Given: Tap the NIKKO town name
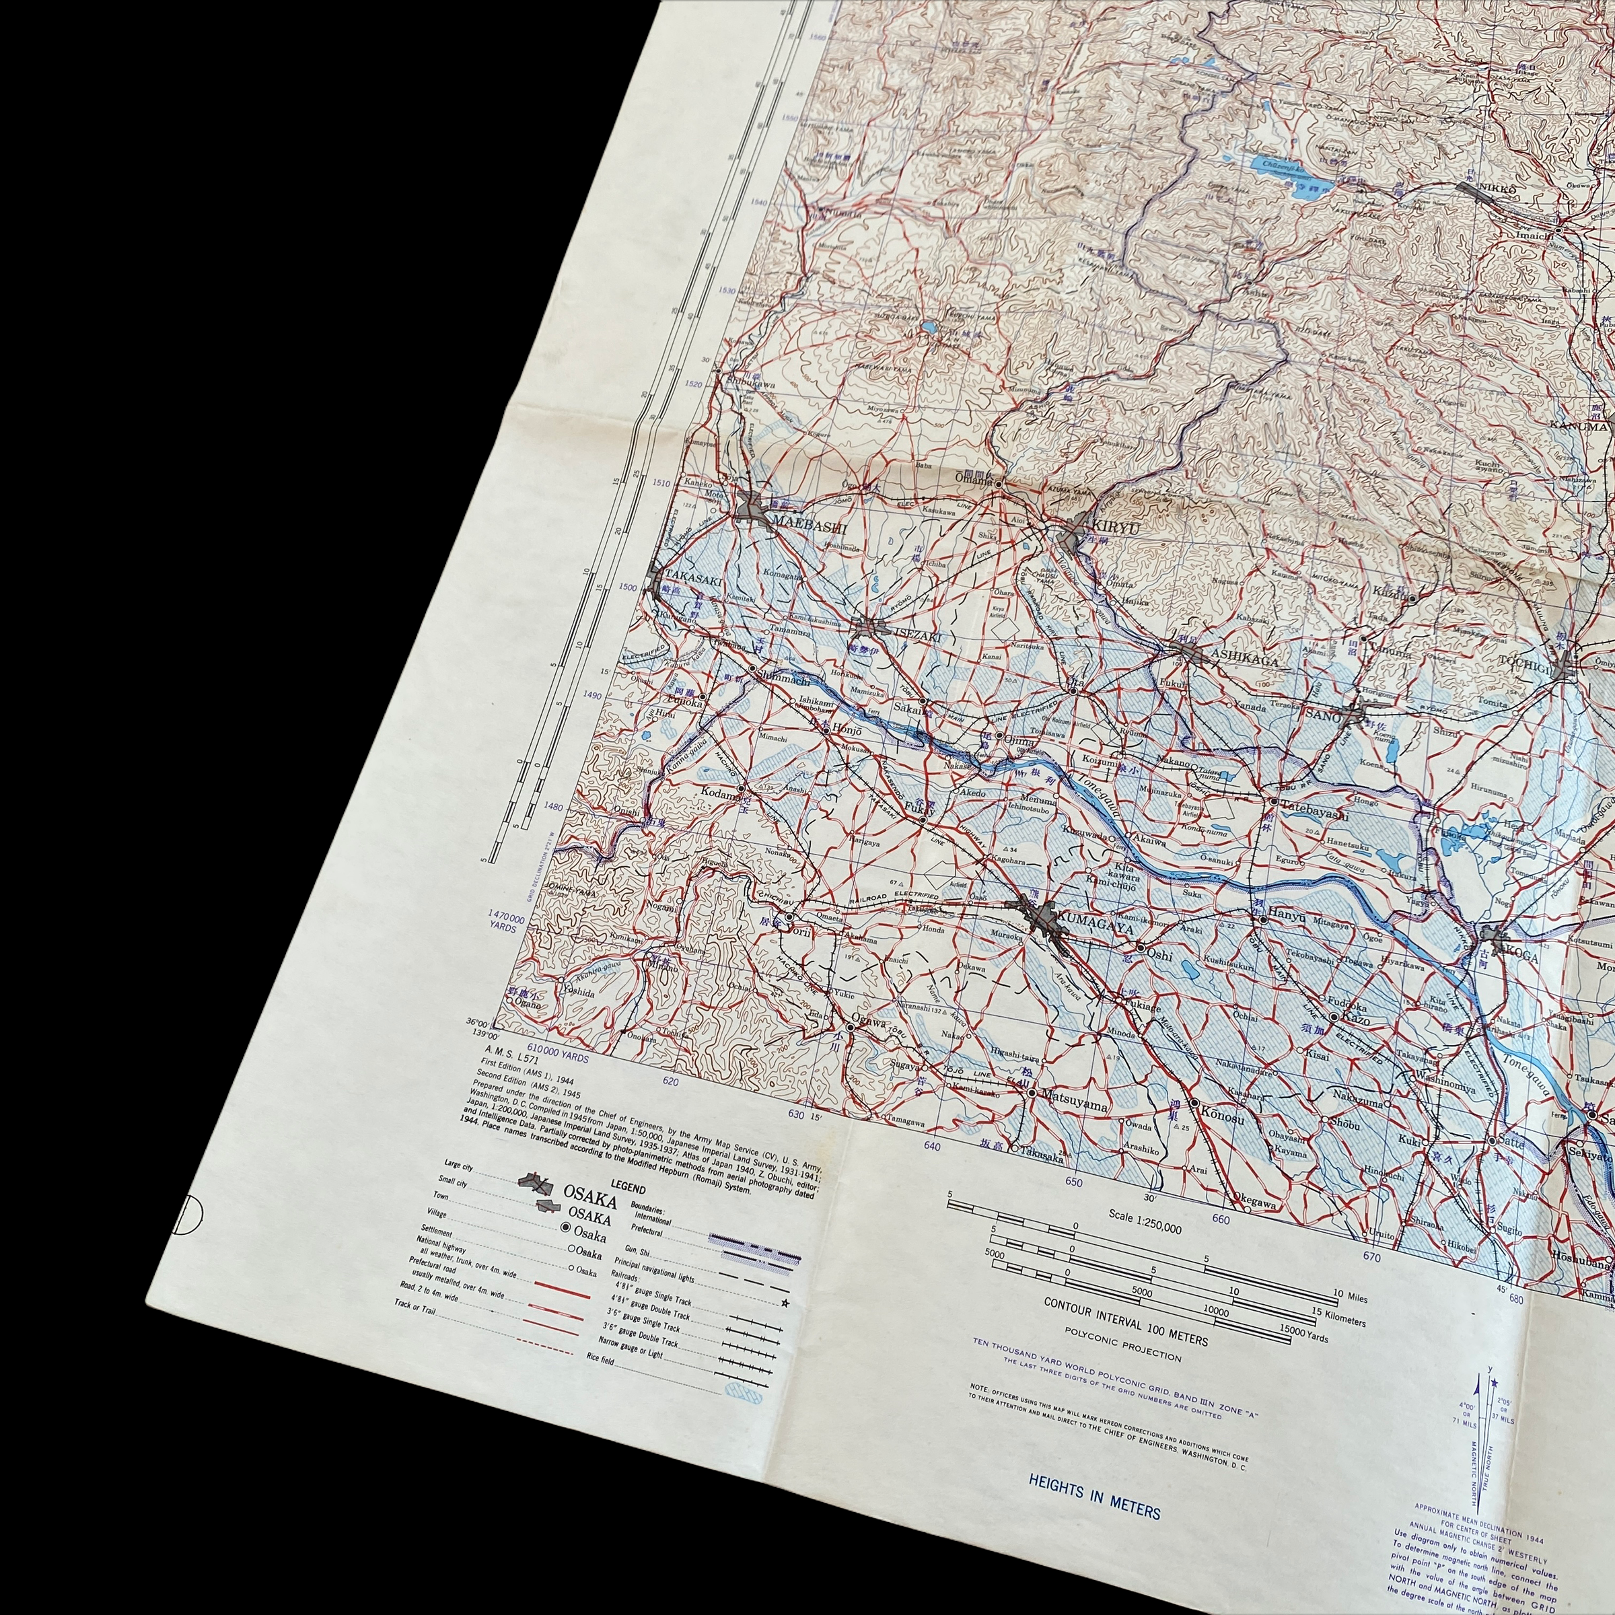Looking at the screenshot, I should click(x=1497, y=190).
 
